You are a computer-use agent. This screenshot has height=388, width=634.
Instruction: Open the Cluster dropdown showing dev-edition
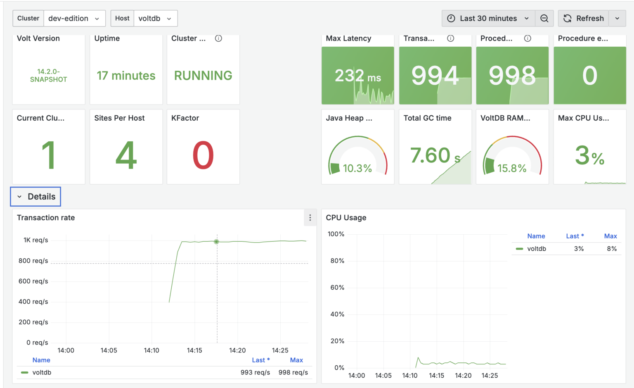click(x=74, y=19)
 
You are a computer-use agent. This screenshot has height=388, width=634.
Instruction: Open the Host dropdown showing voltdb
click(x=155, y=19)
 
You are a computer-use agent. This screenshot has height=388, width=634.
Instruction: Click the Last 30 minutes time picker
click(x=488, y=19)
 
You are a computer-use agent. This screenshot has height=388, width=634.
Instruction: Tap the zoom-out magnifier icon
click(x=544, y=19)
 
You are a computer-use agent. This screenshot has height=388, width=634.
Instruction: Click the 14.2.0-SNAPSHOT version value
click(x=48, y=76)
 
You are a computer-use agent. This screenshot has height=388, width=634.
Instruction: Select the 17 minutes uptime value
click(x=126, y=76)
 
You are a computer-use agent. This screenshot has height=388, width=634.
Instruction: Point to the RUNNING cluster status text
click(x=203, y=76)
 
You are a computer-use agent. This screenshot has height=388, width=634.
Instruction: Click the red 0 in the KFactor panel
click(x=203, y=155)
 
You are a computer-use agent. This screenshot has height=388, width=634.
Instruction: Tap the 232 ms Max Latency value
click(x=357, y=76)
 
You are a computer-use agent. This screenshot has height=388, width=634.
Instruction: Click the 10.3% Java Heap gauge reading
click(x=357, y=168)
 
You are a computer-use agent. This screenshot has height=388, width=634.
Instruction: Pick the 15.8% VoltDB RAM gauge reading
click(x=512, y=168)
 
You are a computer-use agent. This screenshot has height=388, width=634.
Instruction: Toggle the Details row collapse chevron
click(x=19, y=197)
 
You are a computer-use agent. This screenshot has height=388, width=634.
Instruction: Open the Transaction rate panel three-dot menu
click(x=310, y=218)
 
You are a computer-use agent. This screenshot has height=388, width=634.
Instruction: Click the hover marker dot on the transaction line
click(x=216, y=241)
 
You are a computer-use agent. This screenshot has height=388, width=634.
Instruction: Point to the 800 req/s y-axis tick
click(x=33, y=261)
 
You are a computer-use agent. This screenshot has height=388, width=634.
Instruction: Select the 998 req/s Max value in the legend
click(x=293, y=372)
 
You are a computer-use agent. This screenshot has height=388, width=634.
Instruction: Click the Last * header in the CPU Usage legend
click(x=575, y=236)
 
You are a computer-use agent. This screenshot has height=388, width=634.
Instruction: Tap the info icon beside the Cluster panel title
click(x=218, y=38)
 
